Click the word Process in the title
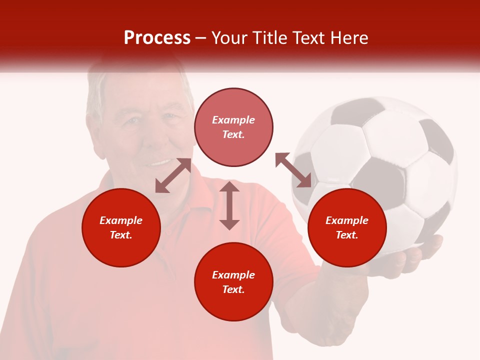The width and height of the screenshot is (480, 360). coord(157,38)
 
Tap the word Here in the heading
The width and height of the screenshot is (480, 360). coord(348,38)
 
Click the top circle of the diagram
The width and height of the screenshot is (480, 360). coord(233,127)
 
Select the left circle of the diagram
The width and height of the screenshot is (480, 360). coord(121,227)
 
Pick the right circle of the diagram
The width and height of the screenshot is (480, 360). coord(347,227)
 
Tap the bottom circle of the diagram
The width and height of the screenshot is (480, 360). coord(233,282)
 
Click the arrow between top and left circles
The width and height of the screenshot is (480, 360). coord(173,175)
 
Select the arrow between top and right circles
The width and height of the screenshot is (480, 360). coord(293,170)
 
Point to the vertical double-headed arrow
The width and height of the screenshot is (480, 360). coord(229,205)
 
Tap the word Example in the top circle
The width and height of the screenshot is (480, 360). coord(233,120)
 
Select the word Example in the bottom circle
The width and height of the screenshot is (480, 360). coord(233,275)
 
